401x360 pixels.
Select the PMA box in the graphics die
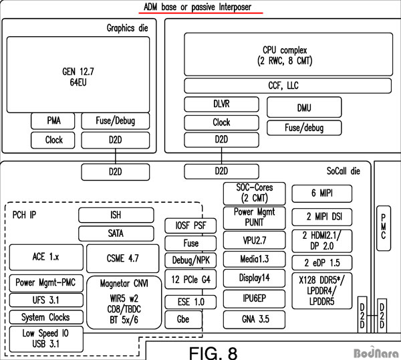click(54, 121)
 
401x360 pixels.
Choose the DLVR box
click(221, 105)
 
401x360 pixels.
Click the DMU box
click(303, 107)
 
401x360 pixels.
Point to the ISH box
click(116, 215)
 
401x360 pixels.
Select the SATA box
click(116, 234)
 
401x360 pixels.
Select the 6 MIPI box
click(322, 194)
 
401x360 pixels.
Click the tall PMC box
click(383, 227)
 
